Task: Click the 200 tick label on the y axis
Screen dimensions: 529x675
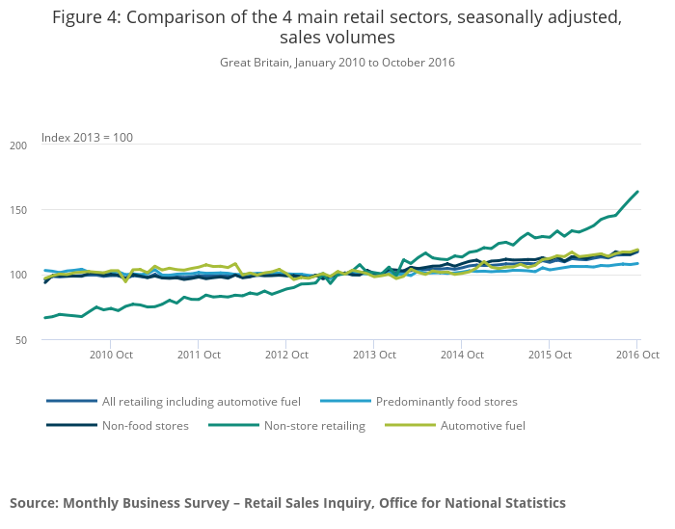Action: click(x=19, y=145)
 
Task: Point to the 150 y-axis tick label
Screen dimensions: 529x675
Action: click(x=19, y=210)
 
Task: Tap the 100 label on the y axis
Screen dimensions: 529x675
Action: click(x=19, y=276)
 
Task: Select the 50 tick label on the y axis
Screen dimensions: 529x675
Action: click(x=21, y=340)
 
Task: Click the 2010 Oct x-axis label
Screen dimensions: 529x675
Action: click(x=110, y=355)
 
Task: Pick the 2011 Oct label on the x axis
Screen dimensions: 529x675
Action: click(x=198, y=355)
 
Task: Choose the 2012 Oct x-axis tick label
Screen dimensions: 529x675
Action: click(x=285, y=355)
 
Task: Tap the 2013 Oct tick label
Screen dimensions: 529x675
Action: click(x=373, y=355)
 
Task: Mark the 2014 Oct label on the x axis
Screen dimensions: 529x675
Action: click(x=462, y=355)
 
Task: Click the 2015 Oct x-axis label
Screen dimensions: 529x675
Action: click(x=550, y=355)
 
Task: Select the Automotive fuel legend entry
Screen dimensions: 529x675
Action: click(x=483, y=424)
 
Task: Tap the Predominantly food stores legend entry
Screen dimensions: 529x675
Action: click(x=446, y=401)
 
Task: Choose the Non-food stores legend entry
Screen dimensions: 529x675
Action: click(x=145, y=424)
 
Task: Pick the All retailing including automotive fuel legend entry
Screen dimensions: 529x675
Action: click(x=201, y=401)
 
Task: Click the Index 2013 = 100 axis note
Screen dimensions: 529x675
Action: click(x=87, y=138)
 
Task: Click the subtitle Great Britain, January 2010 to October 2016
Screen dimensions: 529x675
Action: click(x=337, y=63)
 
